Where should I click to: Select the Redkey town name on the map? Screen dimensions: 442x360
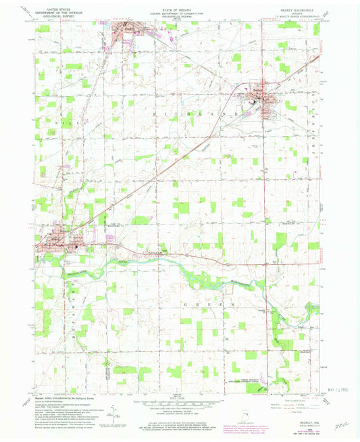257,89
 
